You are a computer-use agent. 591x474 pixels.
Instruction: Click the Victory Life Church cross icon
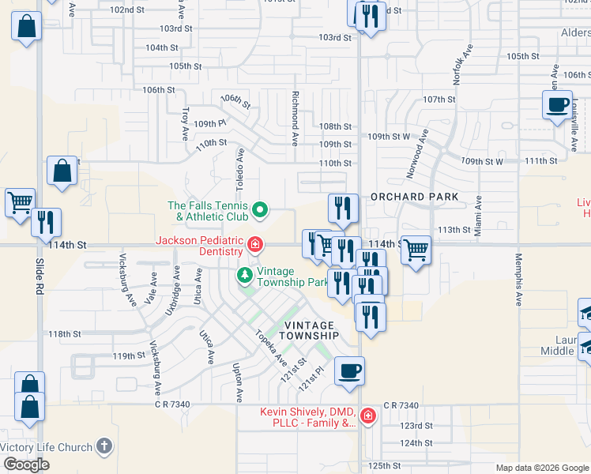pyautogui.click(x=104, y=447)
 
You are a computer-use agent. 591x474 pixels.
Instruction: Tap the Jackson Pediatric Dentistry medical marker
pyautogui.click(x=254, y=245)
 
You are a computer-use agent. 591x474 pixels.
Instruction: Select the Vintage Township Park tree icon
pyautogui.click(x=245, y=276)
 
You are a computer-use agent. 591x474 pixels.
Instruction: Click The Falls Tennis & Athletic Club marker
pyautogui.click(x=258, y=212)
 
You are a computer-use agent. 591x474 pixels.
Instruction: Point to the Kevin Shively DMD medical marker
pyautogui.click(x=367, y=416)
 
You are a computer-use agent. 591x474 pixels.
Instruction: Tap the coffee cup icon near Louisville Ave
pyautogui.click(x=558, y=104)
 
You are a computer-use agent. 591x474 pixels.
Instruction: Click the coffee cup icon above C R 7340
pyautogui.click(x=349, y=370)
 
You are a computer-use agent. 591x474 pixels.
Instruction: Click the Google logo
pyautogui.click(x=26, y=465)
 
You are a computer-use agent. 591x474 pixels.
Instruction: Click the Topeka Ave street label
pyautogui.click(x=269, y=347)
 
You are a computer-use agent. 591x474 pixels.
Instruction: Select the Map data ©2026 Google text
pyautogui.click(x=542, y=468)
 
